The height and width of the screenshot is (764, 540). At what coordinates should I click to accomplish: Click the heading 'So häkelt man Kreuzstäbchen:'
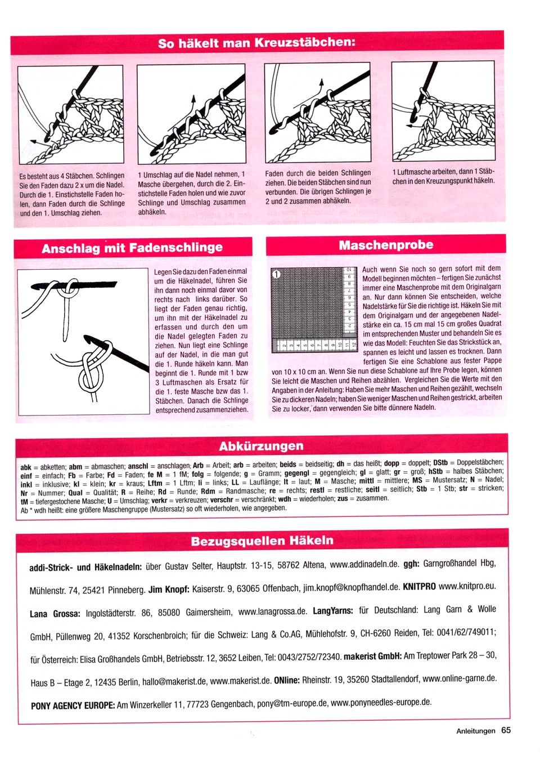256,43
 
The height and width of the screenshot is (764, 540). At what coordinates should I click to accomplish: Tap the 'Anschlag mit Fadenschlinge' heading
132,248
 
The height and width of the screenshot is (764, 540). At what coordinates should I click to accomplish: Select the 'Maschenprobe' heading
386,245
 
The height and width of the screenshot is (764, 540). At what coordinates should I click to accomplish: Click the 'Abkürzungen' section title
261,446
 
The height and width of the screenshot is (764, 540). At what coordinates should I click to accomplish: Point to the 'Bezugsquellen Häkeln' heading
262,541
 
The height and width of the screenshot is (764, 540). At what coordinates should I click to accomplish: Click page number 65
506,730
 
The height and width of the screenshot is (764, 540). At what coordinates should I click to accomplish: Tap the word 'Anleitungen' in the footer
475,731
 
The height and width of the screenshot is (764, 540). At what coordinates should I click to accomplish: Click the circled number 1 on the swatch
276,274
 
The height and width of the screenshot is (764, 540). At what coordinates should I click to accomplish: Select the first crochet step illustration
70,114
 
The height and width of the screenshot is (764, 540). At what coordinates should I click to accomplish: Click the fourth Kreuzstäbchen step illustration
443,111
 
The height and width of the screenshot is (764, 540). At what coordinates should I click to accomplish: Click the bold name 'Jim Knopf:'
169,589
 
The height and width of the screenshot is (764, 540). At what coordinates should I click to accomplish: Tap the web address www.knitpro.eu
467,586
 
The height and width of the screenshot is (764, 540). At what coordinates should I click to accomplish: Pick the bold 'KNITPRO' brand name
419,587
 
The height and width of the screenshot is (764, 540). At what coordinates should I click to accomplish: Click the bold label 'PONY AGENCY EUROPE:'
73,705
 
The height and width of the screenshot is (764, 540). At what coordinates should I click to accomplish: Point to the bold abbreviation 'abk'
26,467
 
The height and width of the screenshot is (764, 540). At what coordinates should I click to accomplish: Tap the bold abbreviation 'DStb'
440,463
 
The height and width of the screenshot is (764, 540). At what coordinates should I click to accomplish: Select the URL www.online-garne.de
460,678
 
